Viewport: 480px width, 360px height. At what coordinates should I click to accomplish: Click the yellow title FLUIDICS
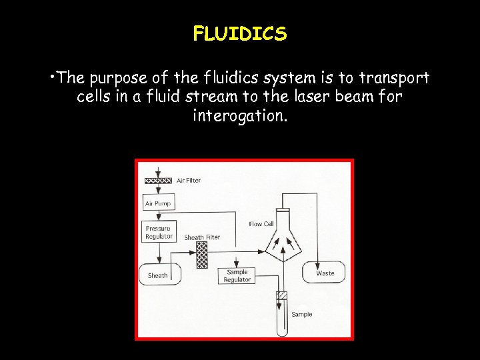tap(240, 33)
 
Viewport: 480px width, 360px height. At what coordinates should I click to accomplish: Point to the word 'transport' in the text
tap(395, 79)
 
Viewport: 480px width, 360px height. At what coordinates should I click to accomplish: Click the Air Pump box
tap(158, 203)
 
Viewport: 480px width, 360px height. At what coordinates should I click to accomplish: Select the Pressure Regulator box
tap(159, 232)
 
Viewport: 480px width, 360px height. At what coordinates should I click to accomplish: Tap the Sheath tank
tap(158, 275)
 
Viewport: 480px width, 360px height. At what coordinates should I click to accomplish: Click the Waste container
tap(325, 273)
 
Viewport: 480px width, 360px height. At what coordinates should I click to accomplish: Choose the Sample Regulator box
tap(237, 276)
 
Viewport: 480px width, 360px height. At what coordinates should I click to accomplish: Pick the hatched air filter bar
tap(159, 181)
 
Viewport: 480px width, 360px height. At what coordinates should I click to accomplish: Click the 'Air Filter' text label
tap(189, 180)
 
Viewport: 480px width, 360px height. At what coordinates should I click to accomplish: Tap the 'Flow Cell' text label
tap(261, 224)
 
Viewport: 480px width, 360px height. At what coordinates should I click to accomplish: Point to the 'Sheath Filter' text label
tap(202, 237)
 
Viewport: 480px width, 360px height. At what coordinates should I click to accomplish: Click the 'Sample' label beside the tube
tap(301, 314)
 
